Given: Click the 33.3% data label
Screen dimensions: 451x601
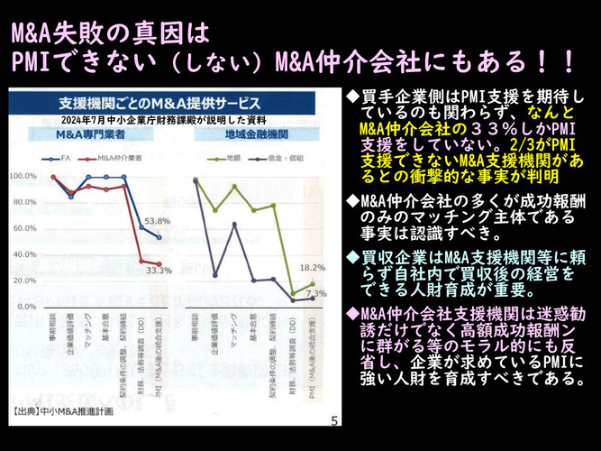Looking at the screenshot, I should point(158,269).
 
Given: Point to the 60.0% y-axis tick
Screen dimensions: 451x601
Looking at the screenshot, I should point(23,229).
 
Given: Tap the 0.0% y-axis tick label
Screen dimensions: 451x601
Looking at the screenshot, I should point(25,307).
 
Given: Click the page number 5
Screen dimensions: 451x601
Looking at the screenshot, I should point(334,420).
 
